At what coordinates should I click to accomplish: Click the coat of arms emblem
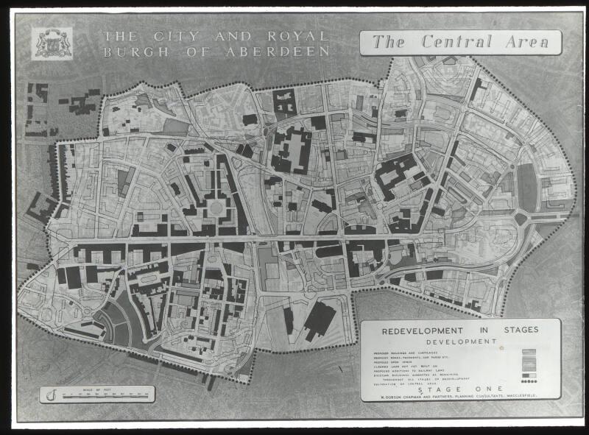tap(52, 43)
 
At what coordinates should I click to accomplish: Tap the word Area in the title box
tap(525, 42)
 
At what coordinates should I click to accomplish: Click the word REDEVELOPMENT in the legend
tap(422, 330)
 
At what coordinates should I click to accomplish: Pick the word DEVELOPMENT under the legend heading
tap(460, 342)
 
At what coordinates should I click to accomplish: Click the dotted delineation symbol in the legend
tap(529, 381)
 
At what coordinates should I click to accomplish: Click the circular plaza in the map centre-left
tap(216, 208)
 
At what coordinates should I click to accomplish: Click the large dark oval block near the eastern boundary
tap(528, 188)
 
